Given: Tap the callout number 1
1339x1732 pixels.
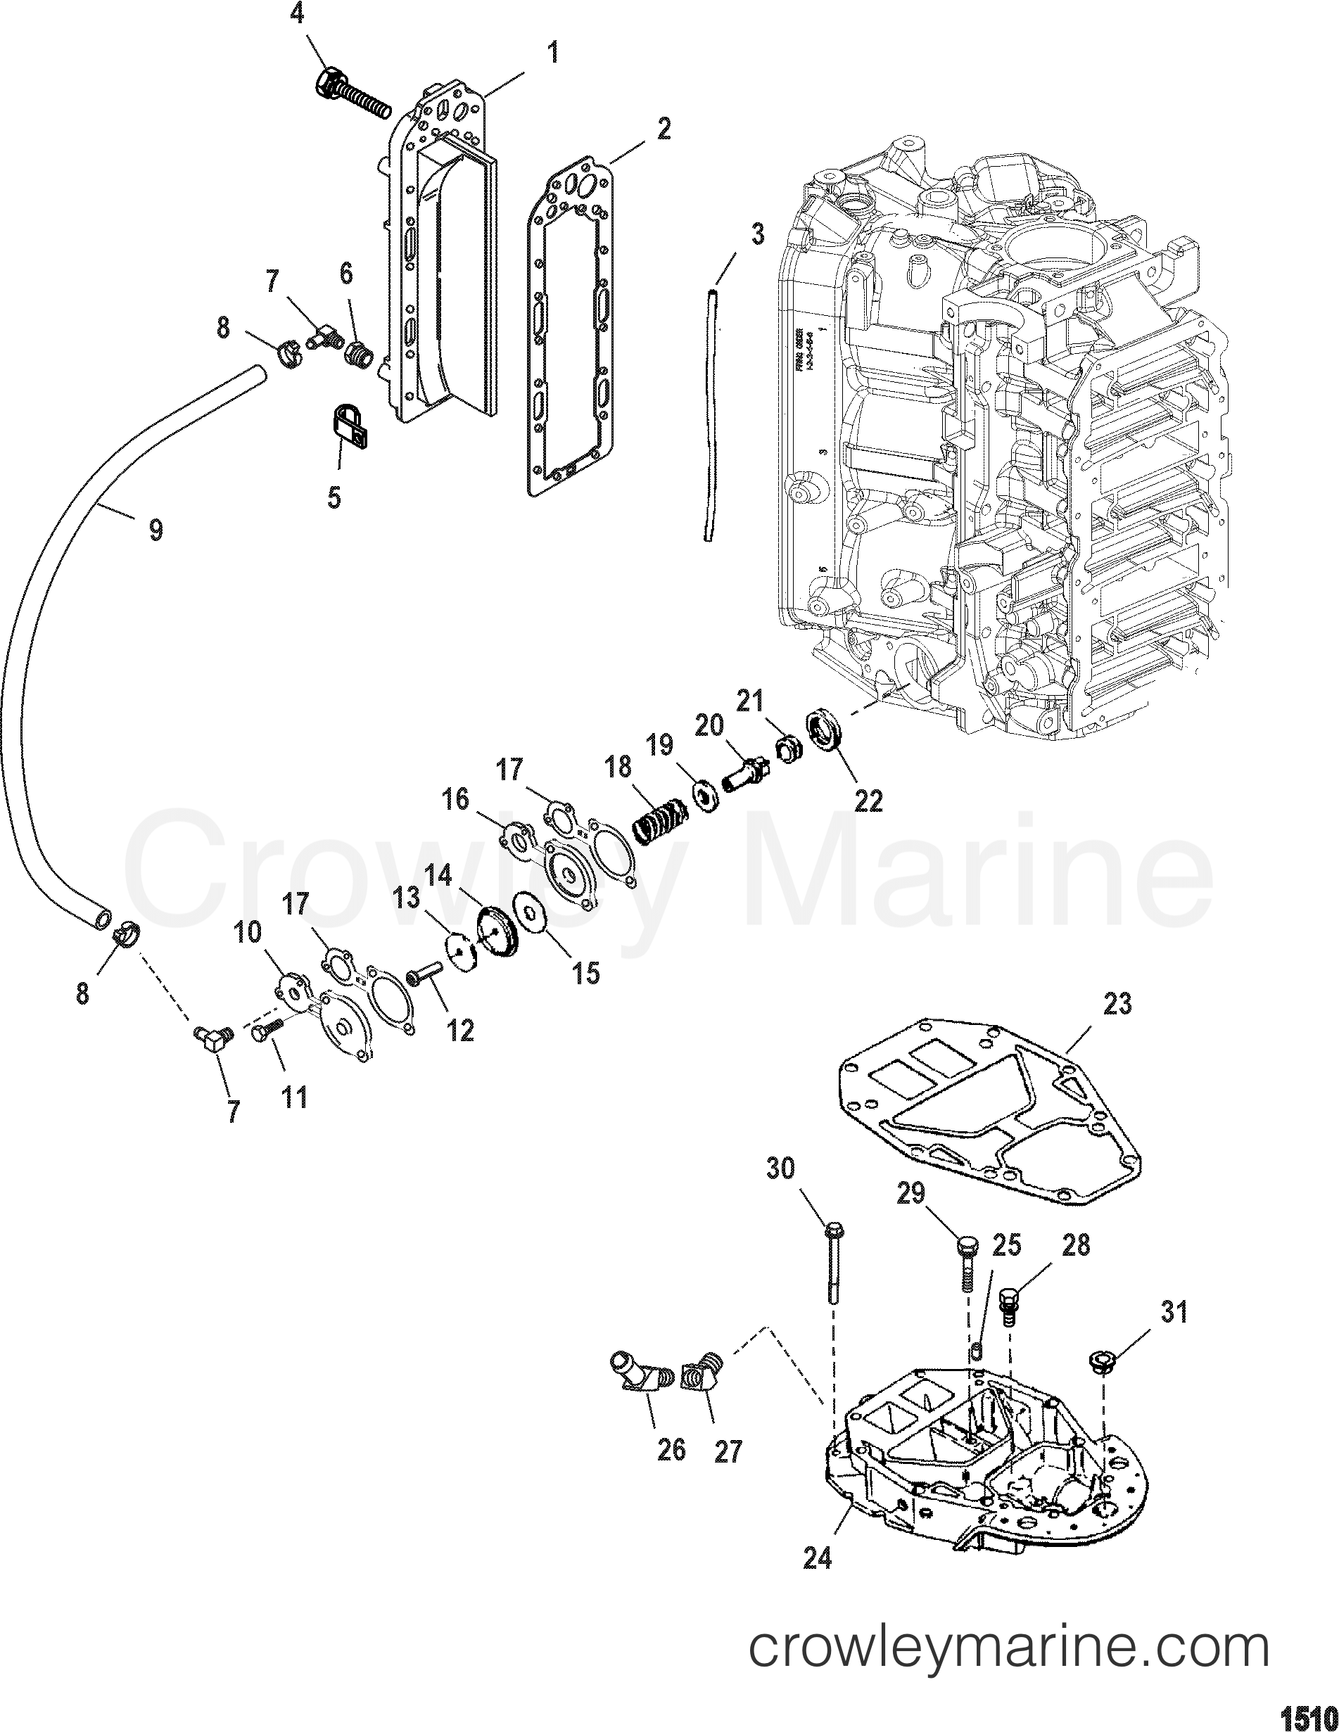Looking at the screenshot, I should (553, 53).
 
